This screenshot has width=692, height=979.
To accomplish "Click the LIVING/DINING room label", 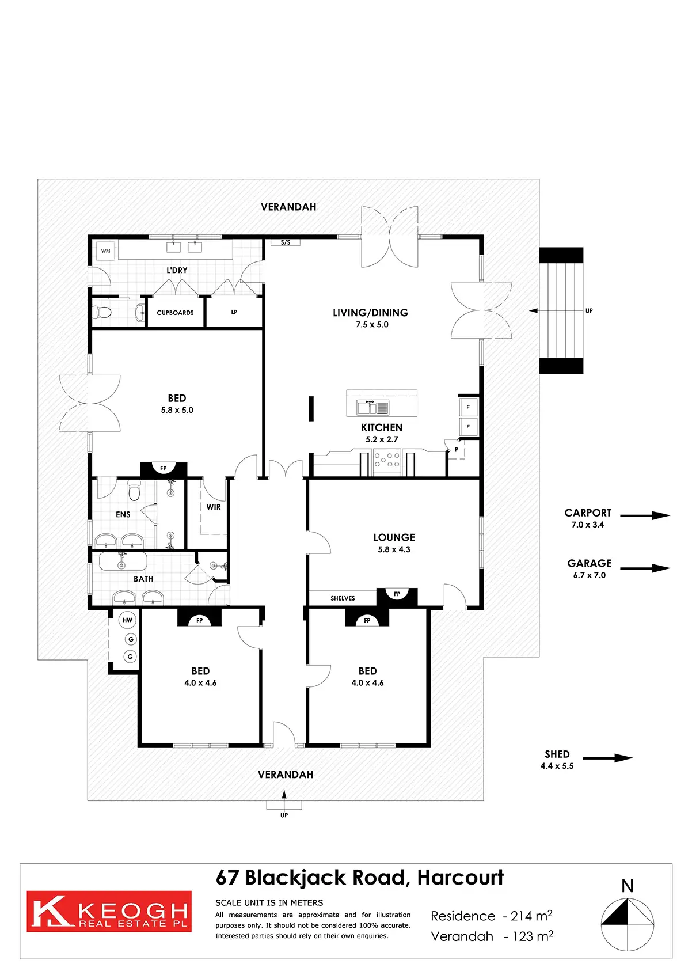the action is (370, 313).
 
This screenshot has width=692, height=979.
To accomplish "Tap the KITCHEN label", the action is (382, 427).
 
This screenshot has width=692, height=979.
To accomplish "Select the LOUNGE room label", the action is (394, 537).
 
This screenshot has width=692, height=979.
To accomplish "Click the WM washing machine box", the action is (106, 251).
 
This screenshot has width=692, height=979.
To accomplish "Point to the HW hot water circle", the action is (127, 620).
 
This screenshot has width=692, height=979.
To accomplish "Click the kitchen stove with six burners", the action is (387, 463).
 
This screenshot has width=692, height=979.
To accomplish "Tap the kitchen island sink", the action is (373, 407).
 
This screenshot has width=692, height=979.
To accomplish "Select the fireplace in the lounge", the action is (397, 595).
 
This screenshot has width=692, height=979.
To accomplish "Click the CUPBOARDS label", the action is (175, 313).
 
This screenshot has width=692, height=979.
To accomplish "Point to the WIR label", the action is (214, 507).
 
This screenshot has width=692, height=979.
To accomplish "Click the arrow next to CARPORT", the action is (645, 515).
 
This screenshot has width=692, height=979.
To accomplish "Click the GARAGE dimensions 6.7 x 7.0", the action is (589, 575).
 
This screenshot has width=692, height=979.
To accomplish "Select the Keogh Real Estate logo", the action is (109, 911).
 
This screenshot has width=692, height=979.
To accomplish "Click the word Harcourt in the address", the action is (460, 878).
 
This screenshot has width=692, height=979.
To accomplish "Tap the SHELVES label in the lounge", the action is (343, 598).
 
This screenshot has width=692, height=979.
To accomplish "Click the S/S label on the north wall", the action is (286, 242).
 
